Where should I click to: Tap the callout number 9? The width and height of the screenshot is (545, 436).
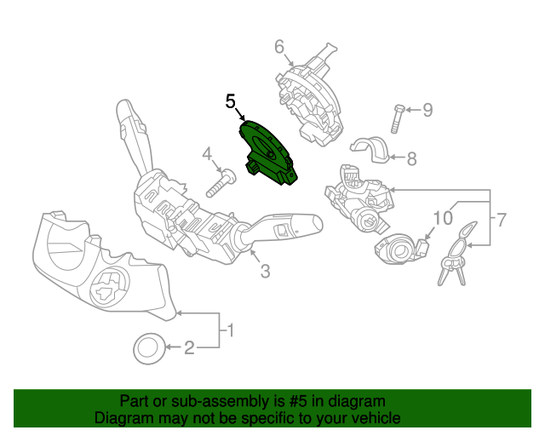pyautogui.click(x=427, y=109)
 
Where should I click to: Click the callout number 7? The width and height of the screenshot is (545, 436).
pyautogui.click(x=502, y=220)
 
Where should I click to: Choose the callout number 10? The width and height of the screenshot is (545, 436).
pyautogui.click(x=442, y=218)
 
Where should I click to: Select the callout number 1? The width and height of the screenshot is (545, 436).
pyautogui.click(x=228, y=328)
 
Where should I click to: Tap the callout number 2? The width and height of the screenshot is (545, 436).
pyautogui.click(x=190, y=347)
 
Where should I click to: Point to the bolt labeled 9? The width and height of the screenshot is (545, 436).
pyautogui.click(x=399, y=118)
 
